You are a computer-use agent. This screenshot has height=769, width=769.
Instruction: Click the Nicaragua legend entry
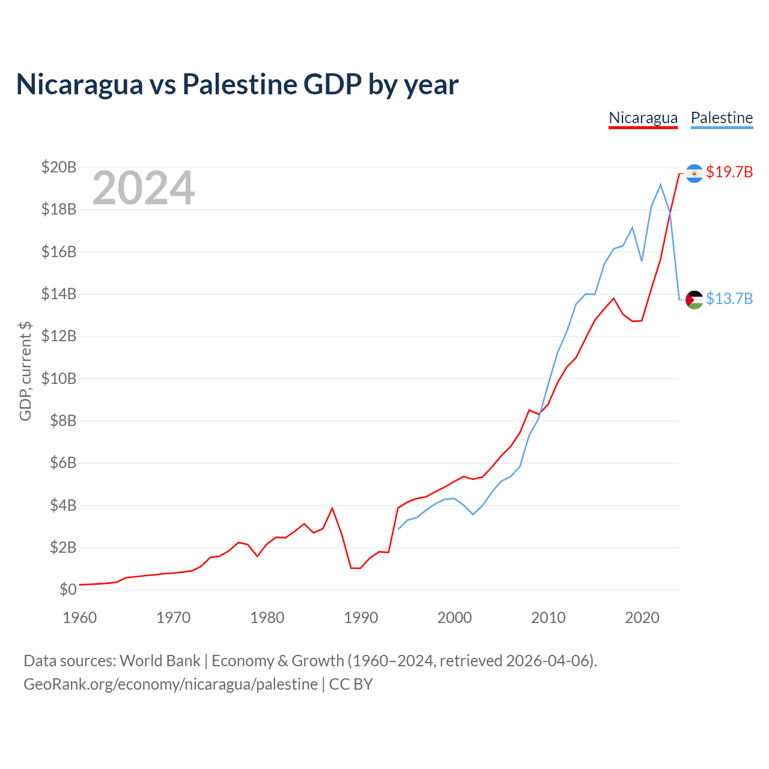click(x=643, y=118)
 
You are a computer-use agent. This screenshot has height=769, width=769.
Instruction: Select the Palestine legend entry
click(x=722, y=118)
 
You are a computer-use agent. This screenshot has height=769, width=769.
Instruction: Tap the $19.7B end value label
click(x=729, y=172)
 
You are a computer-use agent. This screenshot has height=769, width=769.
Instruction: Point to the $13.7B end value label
click(x=729, y=299)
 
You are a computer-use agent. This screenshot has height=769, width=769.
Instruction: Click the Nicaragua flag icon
click(x=694, y=174)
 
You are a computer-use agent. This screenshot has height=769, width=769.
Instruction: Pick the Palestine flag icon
click(x=694, y=299)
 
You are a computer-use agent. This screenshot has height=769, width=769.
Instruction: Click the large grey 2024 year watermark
click(x=143, y=188)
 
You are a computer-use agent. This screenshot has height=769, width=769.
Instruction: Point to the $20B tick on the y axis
click(x=59, y=167)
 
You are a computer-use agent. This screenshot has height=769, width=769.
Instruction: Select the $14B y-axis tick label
click(x=59, y=294)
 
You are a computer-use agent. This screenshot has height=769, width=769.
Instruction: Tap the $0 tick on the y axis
click(x=68, y=589)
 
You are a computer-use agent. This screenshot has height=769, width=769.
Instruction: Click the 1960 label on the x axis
click(x=80, y=618)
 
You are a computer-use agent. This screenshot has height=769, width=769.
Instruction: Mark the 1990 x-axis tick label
click(x=361, y=618)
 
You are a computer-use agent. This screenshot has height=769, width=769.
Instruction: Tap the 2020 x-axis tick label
click(x=642, y=618)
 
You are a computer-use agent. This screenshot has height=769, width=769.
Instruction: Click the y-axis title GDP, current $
click(x=25, y=371)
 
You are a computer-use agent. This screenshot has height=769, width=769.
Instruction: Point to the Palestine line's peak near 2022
click(x=660, y=184)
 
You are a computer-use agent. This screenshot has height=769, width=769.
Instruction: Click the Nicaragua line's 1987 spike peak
click(x=332, y=508)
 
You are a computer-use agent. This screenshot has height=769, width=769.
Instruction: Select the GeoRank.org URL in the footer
click(x=171, y=684)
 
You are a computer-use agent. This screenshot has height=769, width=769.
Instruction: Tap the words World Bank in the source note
click(x=160, y=661)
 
